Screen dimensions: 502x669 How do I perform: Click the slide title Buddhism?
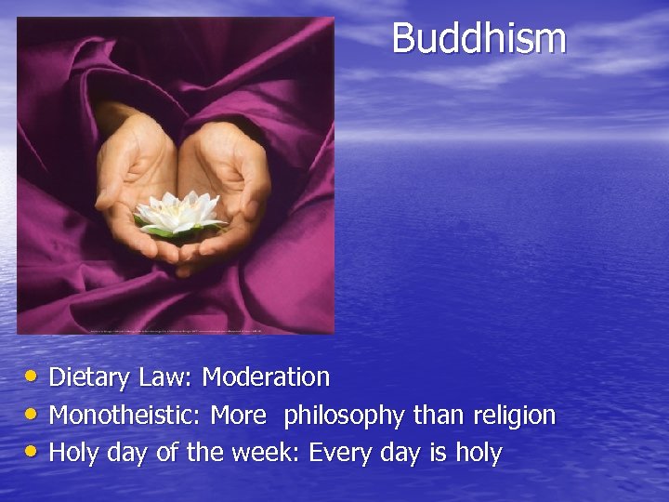coord(479,39)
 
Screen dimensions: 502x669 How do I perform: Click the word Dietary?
coord(91,377)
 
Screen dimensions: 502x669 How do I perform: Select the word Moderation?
coord(266,377)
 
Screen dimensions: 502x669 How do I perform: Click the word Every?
coord(342,453)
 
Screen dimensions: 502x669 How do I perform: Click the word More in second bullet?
coord(238,416)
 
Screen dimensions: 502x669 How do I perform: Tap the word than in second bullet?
coord(438,416)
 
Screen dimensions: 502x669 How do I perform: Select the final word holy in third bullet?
coord(478,453)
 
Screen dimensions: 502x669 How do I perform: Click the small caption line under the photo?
coord(177,330)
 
